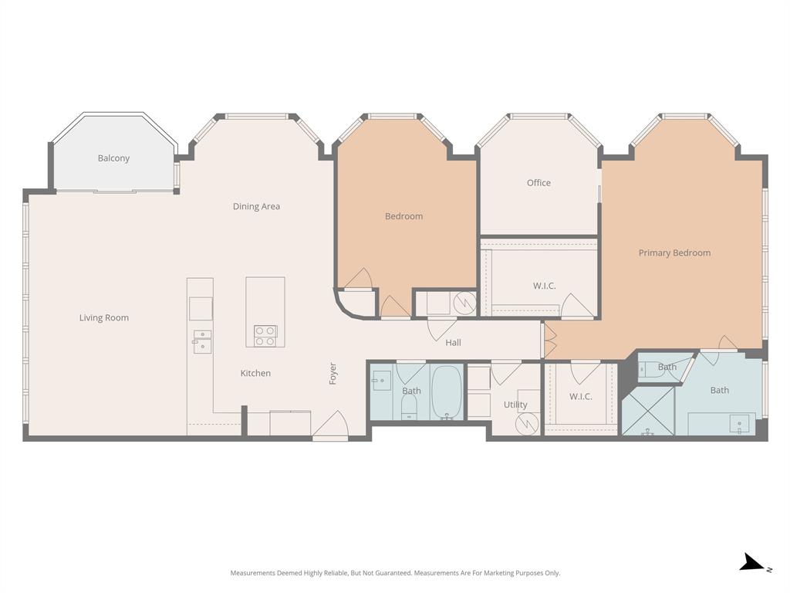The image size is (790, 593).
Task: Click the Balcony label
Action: [x=113, y=158]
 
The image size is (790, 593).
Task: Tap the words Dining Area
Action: [x=256, y=206]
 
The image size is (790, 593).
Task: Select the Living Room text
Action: [x=103, y=317]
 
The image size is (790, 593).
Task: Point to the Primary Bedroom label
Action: [x=674, y=252]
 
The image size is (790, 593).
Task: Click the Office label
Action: [x=538, y=183]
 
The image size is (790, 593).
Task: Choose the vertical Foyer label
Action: [x=333, y=374]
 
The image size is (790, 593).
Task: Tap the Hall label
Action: [x=453, y=342]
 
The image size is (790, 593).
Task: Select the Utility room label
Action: [x=515, y=405]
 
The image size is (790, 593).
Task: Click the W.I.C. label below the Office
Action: [x=544, y=286]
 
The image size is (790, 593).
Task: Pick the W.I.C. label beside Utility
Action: [x=580, y=396]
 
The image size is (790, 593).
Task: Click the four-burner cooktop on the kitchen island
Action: [x=265, y=335]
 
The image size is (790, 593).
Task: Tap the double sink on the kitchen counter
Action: [x=202, y=341]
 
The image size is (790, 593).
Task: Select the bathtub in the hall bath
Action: [x=446, y=392]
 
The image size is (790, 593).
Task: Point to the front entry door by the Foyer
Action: [x=330, y=425]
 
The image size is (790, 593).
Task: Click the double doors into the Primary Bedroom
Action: [x=549, y=341]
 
